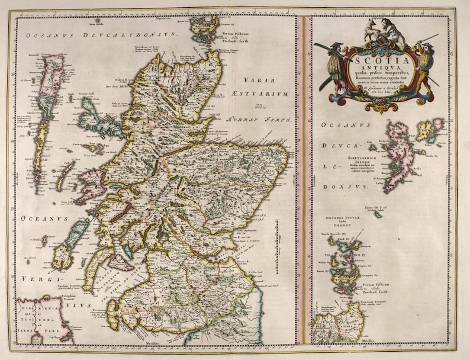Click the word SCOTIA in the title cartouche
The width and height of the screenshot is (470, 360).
[x=383, y=60]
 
